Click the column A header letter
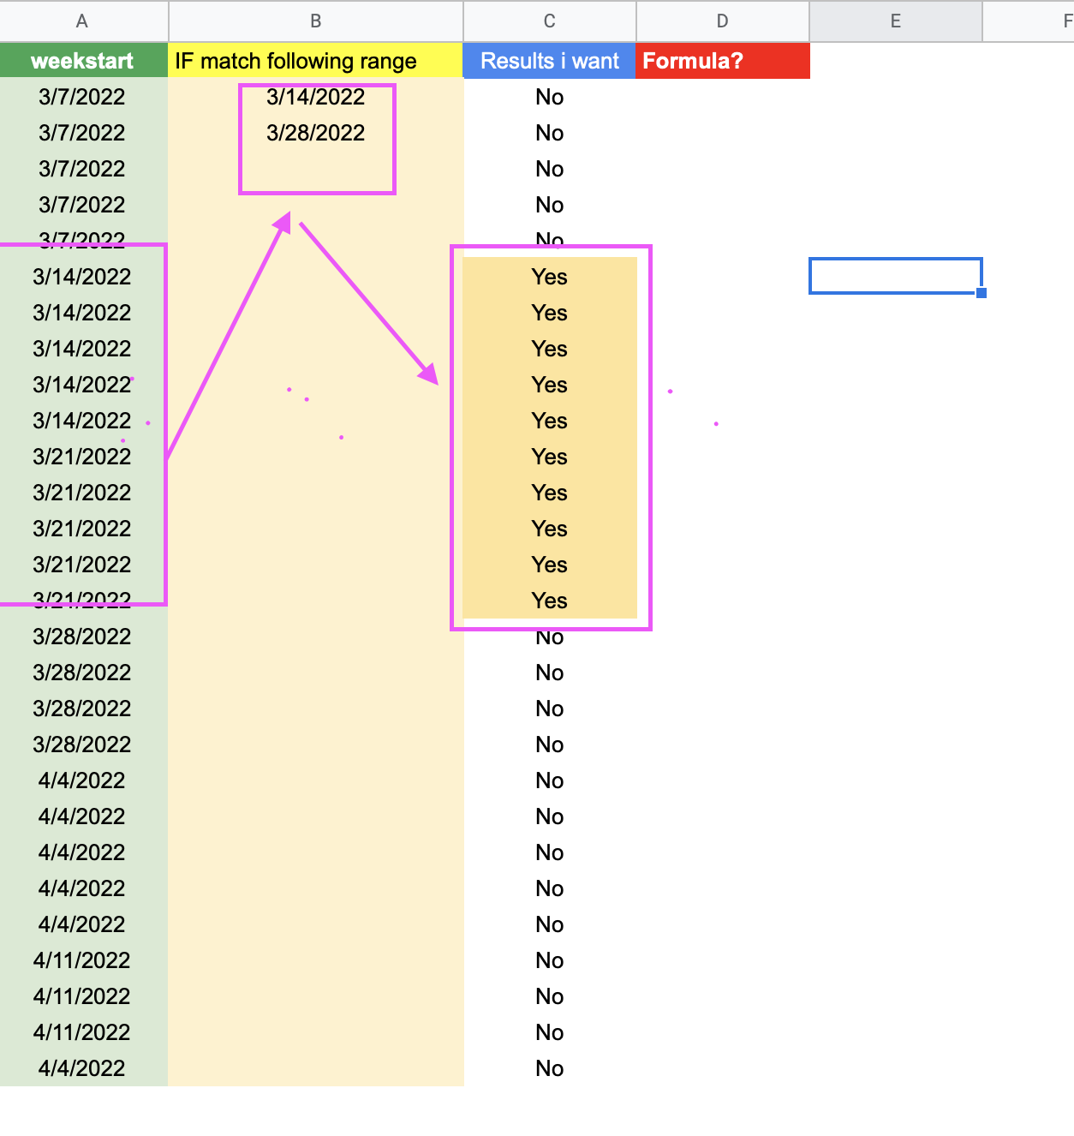82,21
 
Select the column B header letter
315,21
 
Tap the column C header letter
550,21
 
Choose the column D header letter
722,21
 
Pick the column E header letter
896,21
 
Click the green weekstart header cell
84,60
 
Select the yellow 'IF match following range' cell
315,60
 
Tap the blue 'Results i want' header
550,60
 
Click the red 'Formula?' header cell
723,60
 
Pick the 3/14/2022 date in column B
315,97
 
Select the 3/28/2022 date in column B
315,133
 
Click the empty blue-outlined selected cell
896,276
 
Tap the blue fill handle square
981,293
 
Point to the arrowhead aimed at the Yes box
429,374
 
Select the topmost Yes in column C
550,278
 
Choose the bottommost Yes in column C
550,601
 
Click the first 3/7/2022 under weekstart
82,97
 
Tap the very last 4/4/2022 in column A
82,1068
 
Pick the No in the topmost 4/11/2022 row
550,960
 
